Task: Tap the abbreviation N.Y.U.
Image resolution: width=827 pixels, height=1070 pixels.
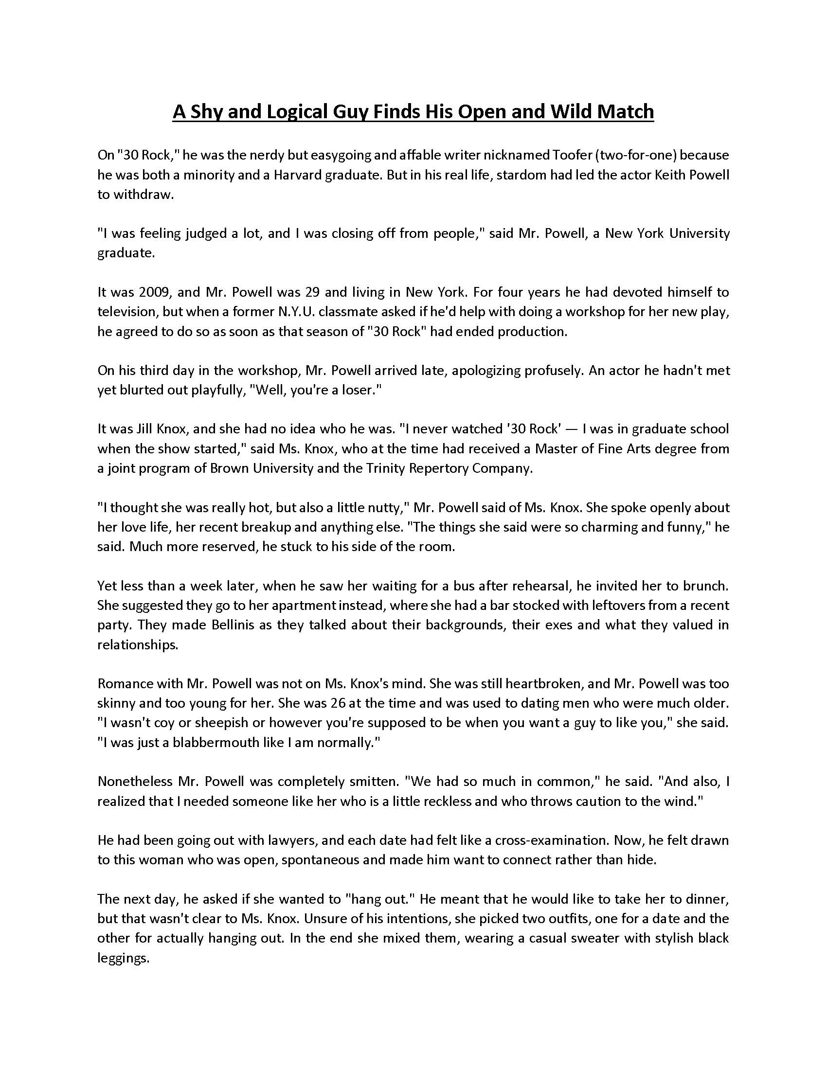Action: (x=289, y=312)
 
